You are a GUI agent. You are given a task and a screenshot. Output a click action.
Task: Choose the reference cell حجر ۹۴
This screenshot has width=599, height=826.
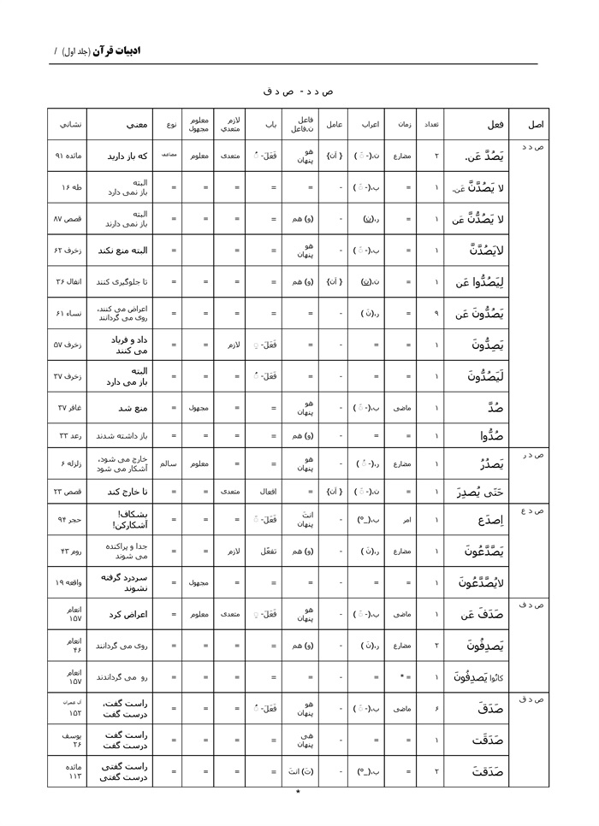pyautogui.click(x=71, y=519)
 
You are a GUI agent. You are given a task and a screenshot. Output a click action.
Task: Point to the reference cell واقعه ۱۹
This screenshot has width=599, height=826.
pyautogui.click(x=71, y=582)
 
